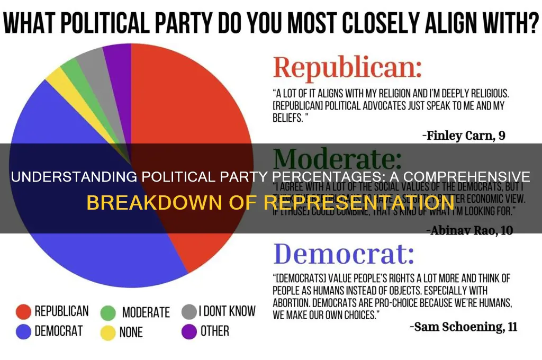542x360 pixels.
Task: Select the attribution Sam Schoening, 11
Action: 463,326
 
